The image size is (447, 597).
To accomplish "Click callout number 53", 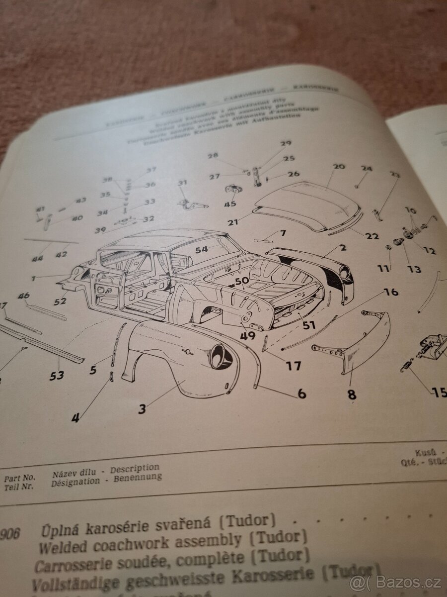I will tap(57, 375).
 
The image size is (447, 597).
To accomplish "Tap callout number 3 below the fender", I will tap(142, 409).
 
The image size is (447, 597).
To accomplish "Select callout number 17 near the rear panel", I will tap(293, 366).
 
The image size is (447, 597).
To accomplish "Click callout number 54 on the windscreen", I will tap(201, 249).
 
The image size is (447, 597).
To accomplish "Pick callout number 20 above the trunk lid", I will tap(339, 167).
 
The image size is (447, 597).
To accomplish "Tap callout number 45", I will tap(229, 204).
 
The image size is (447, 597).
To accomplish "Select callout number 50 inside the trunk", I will tap(242, 281).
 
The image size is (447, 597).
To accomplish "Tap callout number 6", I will tap(301, 394).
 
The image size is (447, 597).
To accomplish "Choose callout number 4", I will tap(75, 418).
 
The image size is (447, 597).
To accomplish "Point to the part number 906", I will tap(10, 534).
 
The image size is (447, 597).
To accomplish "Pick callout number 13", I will tap(414, 269).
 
